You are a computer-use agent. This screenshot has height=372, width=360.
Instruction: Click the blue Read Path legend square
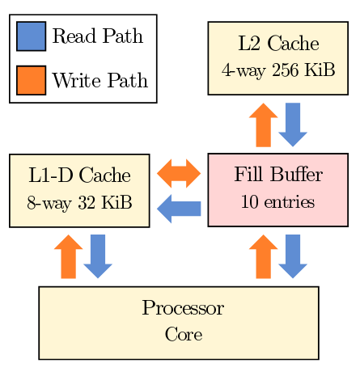(31, 36)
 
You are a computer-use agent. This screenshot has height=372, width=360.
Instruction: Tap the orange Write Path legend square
(31, 80)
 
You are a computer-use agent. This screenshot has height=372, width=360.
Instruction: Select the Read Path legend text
(97, 36)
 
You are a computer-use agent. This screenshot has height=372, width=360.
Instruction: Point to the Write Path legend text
(100, 80)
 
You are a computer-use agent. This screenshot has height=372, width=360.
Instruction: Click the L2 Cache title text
(278, 43)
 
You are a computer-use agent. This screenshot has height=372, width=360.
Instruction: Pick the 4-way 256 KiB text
(278, 70)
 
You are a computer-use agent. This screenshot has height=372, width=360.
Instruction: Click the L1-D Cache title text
(79, 175)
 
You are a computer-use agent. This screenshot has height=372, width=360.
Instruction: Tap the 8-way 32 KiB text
(79, 202)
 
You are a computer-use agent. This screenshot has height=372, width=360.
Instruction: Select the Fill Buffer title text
(278, 174)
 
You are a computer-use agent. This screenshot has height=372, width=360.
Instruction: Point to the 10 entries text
(277, 201)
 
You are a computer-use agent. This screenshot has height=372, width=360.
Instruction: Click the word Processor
(183, 308)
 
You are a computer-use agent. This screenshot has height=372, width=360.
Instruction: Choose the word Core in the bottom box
(184, 334)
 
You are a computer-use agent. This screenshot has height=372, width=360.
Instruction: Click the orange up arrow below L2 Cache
(263, 125)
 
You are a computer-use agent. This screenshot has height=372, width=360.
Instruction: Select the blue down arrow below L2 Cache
(293, 125)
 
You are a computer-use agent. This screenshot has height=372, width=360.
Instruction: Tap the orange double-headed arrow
(179, 173)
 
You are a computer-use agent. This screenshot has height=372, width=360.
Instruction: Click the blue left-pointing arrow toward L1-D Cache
(179, 209)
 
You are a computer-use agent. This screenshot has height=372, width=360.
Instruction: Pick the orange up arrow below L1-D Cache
(68, 256)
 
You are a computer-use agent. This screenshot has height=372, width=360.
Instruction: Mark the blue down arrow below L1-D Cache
(98, 256)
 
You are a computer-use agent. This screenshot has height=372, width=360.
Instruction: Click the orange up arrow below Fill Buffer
(263, 256)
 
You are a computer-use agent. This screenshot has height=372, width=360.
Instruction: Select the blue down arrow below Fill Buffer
(293, 256)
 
